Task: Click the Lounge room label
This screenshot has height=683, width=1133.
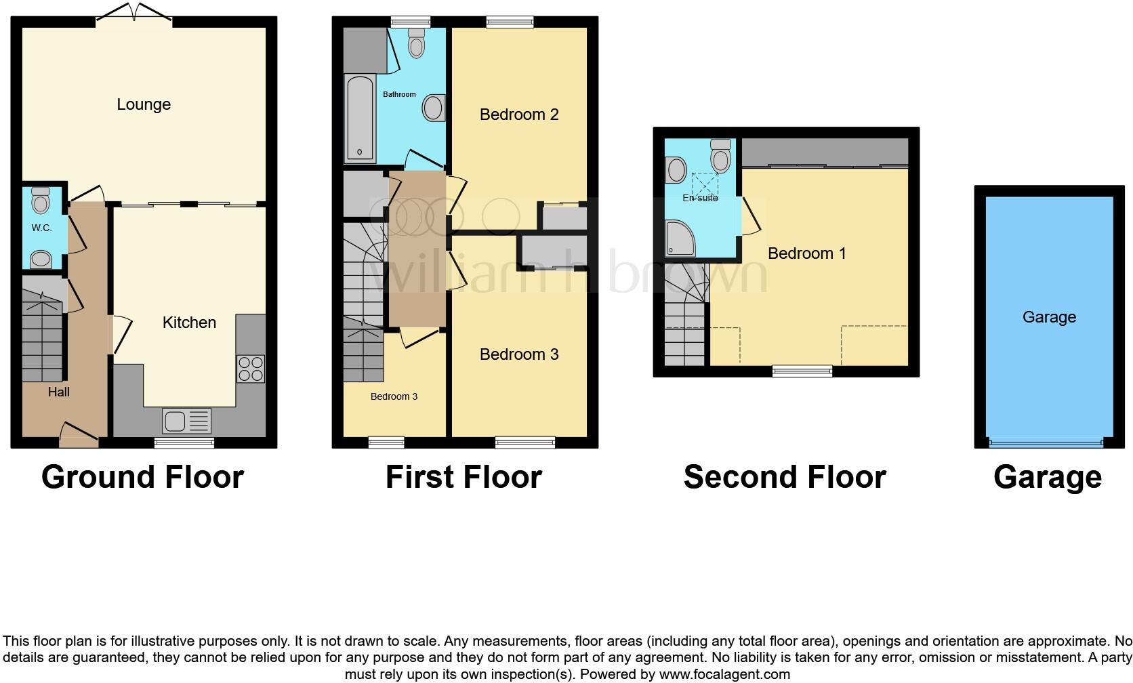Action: point(144,104)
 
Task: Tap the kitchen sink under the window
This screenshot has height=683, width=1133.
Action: point(186,421)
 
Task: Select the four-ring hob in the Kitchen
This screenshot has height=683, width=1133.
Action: point(250,369)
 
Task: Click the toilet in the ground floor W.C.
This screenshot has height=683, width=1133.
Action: point(41,200)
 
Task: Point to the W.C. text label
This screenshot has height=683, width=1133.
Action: point(41,228)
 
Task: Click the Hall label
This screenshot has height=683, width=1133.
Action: point(59,392)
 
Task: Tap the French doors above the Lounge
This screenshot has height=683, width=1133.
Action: point(133,14)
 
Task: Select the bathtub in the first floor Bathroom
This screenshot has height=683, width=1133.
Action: point(360,119)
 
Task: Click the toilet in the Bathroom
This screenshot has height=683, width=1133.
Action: point(416,43)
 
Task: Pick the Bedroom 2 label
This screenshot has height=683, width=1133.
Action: point(519,115)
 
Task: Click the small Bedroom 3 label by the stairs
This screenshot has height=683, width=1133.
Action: point(394,396)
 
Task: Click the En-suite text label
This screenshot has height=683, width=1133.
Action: point(700,198)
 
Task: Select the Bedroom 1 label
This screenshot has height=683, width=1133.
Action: point(806,253)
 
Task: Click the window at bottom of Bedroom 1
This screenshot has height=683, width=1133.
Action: point(802,371)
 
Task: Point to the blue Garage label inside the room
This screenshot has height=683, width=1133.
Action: point(1049,317)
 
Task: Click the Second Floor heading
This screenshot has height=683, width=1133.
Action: point(785,477)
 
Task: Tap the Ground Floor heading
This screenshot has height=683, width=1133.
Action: point(142,477)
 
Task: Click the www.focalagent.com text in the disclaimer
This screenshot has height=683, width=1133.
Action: point(724,674)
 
